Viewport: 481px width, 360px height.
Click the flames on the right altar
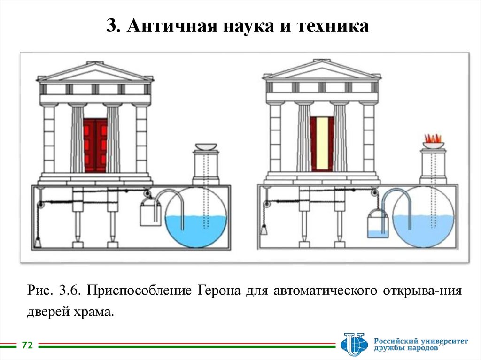pyautogui.click(x=433, y=138)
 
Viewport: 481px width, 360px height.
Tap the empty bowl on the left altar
pyautogui.click(x=206, y=146)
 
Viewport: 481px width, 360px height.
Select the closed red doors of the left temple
pyautogui.click(x=95, y=145)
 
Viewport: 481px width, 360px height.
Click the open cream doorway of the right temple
pyautogui.click(x=322, y=143)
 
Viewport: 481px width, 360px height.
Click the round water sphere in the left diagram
pyautogui.click(x=198, y=216)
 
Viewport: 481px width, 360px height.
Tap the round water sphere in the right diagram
pyautogui.click(x=423, y=216)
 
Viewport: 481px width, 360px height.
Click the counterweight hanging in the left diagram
pyautogui.click(x=38, y=241)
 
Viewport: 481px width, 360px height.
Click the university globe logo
pyautogui.click(x=354, y=344)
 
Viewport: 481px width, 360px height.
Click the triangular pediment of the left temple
pyautogui.click(x=95, y=73)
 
